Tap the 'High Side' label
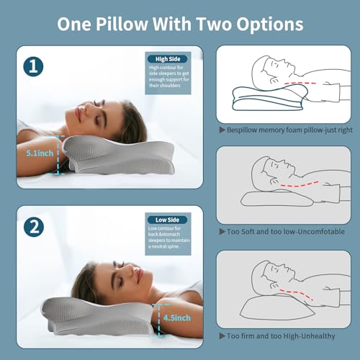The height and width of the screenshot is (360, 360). coord(167,59)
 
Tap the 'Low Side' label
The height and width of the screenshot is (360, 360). coord(167,220)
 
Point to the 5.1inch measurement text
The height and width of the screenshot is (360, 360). coord(36,153)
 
